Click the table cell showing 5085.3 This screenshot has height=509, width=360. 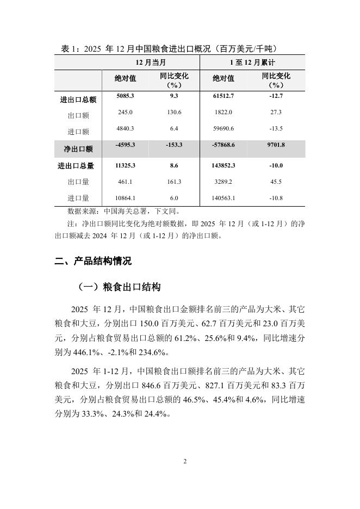point(125,96)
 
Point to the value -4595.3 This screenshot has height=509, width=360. point(125,145)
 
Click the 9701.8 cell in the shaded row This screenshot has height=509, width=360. point(276,145)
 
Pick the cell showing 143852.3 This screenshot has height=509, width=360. point(224,165)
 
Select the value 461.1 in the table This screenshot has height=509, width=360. point(125,182)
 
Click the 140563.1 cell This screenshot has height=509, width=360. point(224,198)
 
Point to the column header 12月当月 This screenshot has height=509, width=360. point(151,63)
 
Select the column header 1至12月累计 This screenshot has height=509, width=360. point(252,63)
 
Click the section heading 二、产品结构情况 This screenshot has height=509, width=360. point(93,261)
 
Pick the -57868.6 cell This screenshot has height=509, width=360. point(224,145)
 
